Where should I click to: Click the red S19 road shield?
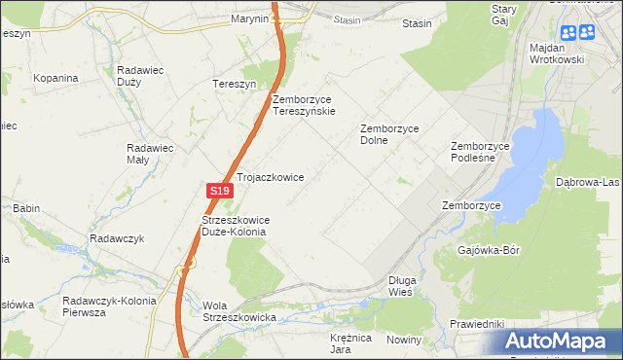(x=218, y=192)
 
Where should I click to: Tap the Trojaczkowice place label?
(x=271, y=178)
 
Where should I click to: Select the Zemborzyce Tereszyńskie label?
(x=304, y=105)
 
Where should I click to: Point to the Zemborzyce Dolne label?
(x=388, y=133)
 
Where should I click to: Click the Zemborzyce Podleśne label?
(x=480, y=153)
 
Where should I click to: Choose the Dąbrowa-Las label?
(x=587, y=182)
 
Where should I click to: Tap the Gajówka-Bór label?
(x=489, y=250)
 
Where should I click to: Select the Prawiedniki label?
(x=476, y=323)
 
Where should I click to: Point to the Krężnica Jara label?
(x=351, y=342)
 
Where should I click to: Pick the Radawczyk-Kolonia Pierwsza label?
(x=108, y=306)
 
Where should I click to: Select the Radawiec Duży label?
(x=143, y=76)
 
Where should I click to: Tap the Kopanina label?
(x=55, y=77)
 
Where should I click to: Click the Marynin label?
(x=249, y=18)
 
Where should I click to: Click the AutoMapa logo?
(x=558, y=342)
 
